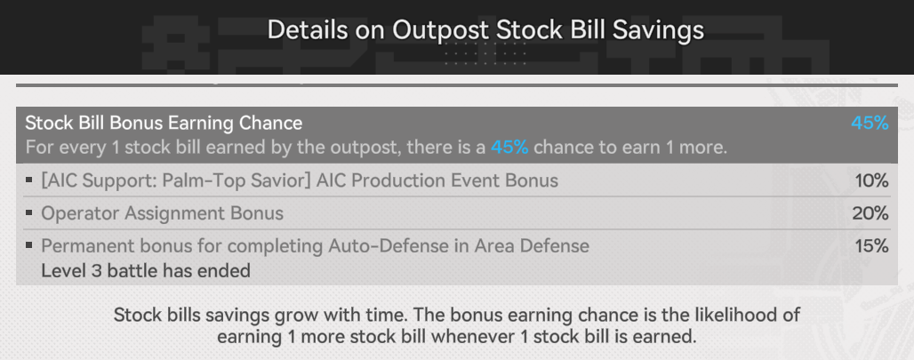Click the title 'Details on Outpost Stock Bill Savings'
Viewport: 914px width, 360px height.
pyautogui.click(x=485, y=29)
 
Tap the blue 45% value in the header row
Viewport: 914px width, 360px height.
pyautogui.click(x=870, y=123)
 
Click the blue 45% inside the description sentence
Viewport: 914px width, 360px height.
pyautogui.click(x=509, y=148)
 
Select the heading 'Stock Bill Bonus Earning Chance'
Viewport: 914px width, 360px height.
pyautogui.click(x=164, y=123)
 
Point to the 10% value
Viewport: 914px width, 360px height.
pyautogui.click(x=871, y=180)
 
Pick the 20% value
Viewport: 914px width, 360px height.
pyautogui.click(x=870, y=213)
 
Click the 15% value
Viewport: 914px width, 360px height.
pyautogui.click(x=871, y=246)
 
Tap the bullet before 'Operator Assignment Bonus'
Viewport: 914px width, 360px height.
pyautogui.click(x=29, y=212)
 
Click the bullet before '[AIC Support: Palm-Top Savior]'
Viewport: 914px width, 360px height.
pyautogui.click(x=29, y=180)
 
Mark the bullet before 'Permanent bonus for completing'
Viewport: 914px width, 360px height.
pyautogui.click(x=29, y=245)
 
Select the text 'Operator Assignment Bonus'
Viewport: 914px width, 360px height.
pyautogui.click(x=162, y=213)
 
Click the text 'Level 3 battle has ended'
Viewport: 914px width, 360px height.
pyautogui.click(x=146, y=271)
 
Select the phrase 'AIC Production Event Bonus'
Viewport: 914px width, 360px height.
pyautogui.click(x=437, y=180)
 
